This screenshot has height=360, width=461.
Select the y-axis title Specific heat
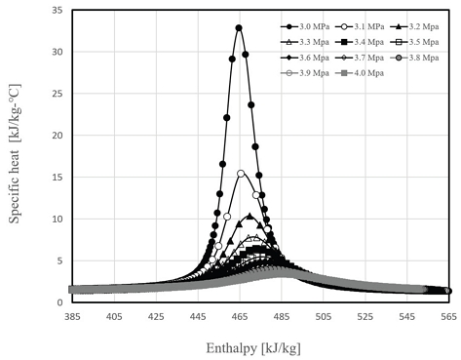pyautogui.click(x=16, y=159)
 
